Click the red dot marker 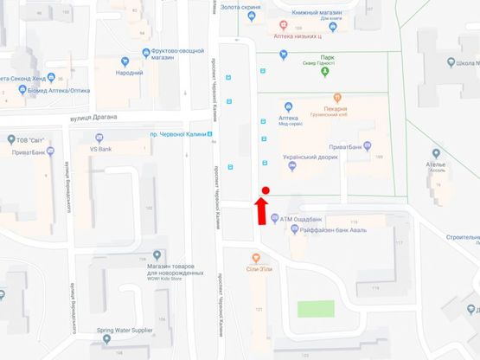click(x=266, y=190)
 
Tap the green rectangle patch click(x=315, y=308)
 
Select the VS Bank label click(x=102, y=149)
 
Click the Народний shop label click(x=130, y=74)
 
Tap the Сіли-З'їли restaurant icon click(x=256, y=258)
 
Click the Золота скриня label click(x=241, y=8)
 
